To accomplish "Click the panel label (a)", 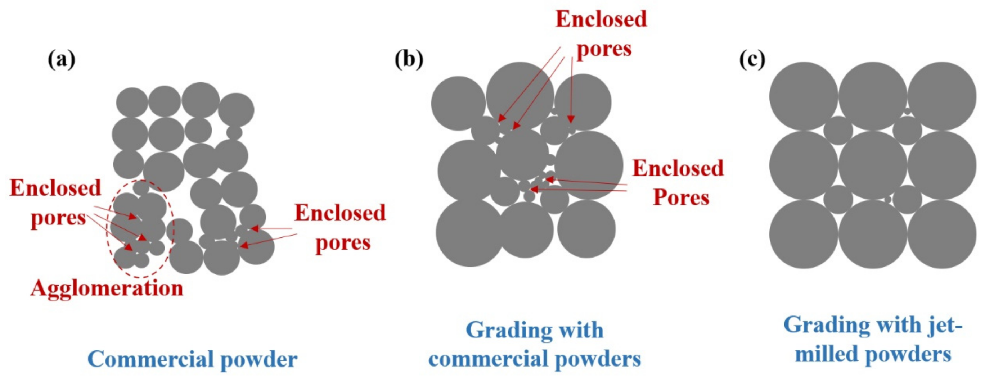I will point(61,60).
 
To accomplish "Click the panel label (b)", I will point(409,60).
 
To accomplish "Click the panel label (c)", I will point(752,60).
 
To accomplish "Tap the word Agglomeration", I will point(107,288).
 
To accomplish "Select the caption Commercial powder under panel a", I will point(192,359).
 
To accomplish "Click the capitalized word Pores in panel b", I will point(681,198).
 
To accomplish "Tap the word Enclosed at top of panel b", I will point(601,19).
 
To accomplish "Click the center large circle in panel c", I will point(873,165).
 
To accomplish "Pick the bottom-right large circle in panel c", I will point(942,234).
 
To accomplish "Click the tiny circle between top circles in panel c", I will point(907,112).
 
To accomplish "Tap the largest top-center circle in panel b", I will point(520,96).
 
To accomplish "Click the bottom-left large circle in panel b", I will point(469,233).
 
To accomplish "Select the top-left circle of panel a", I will point(132,103).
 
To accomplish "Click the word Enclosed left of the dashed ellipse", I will point(55,188).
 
